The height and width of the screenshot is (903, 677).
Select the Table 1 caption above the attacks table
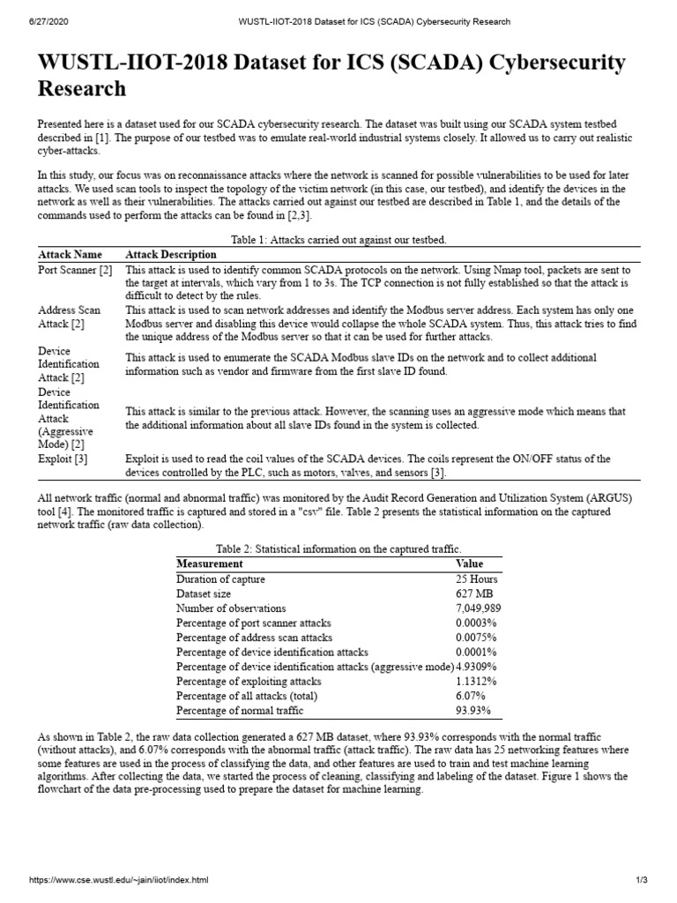pos(338,239)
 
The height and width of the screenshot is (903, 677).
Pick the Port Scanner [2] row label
pos(75,270)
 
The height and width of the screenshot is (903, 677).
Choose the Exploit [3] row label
pos(63,459)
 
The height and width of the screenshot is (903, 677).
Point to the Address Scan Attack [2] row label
pos(70,317)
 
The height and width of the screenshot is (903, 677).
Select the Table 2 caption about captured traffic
pos(338,549)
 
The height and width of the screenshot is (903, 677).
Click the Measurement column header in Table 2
pos(210,563)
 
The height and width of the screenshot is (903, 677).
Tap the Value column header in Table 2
pos(469,563)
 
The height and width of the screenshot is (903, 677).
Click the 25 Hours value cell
pos(476,579)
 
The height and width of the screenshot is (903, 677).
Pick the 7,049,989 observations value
pos(479,608)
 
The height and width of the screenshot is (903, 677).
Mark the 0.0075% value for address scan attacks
pos(476,638)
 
